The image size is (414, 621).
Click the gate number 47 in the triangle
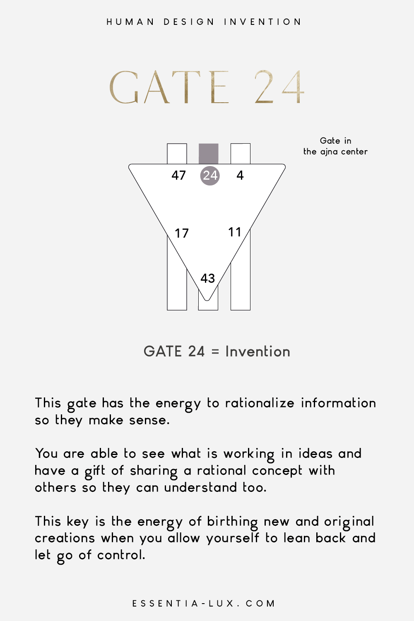click(x=178, y=175)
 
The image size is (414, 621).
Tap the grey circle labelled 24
click(x=210, y=176)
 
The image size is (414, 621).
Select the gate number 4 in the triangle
click(x=240, y=175)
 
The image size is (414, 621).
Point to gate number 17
click(x=182, y=233)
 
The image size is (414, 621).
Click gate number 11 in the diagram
click(x=235, y=232)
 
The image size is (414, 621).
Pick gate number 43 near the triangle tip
click(x=208, y=278)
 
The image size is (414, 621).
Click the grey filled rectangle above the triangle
click(x=209, y=154)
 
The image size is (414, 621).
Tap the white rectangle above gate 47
click(x=177, y=154)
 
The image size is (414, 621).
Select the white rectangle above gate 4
click(x=241, y=154)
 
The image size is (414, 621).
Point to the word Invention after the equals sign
click(x=258, y=351)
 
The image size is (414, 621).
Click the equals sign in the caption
click(x=215, y=352)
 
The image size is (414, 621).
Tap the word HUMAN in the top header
click(x=130, y=22)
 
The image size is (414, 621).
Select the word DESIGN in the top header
click(x=189, y=22)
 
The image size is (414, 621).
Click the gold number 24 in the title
click(x=279, y=87)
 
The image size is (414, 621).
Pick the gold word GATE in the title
click(x=169, y=87)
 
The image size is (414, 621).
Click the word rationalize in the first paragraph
click(x=260, y=403)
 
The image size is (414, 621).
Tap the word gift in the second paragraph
click(x=94, y=471)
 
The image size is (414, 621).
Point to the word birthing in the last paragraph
click(x=232, y=522)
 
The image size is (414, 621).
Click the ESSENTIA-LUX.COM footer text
click(x=204, y=604)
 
